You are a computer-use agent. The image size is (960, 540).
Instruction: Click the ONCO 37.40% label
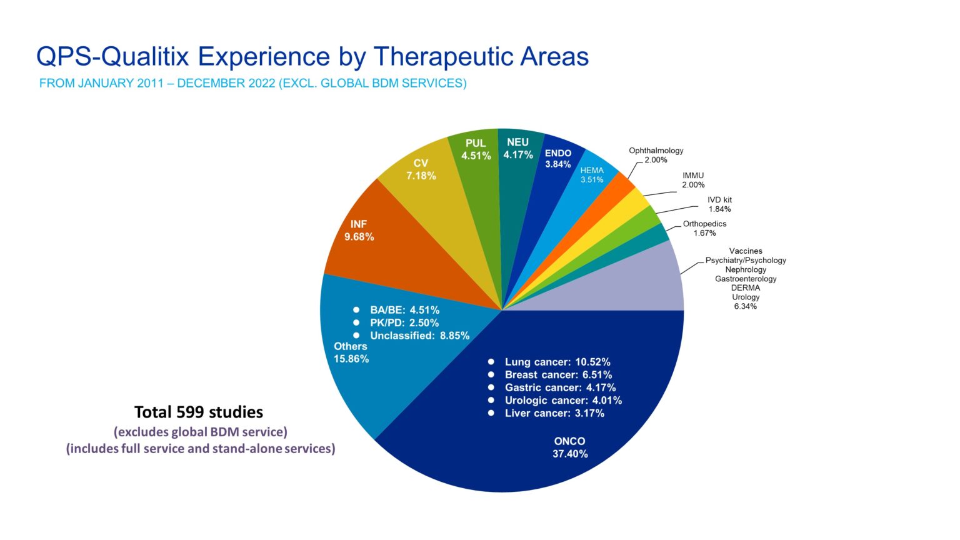[569, 447]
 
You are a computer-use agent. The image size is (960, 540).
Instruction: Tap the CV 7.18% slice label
[421, 169]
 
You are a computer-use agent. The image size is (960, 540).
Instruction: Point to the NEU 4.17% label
[517, 149]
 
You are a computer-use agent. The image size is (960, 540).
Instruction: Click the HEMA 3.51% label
[592, 175]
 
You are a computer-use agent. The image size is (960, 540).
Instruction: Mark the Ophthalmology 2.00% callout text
[656, 155]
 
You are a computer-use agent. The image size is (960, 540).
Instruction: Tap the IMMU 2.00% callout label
[693, 180]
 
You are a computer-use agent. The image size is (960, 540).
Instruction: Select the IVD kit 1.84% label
[719, 204]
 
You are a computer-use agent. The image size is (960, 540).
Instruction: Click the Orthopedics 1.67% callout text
[704, 228]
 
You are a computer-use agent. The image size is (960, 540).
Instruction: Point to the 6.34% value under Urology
[745, 306]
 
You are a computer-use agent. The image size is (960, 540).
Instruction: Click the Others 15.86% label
[351, 352]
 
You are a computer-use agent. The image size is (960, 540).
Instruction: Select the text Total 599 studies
[199, 412]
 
